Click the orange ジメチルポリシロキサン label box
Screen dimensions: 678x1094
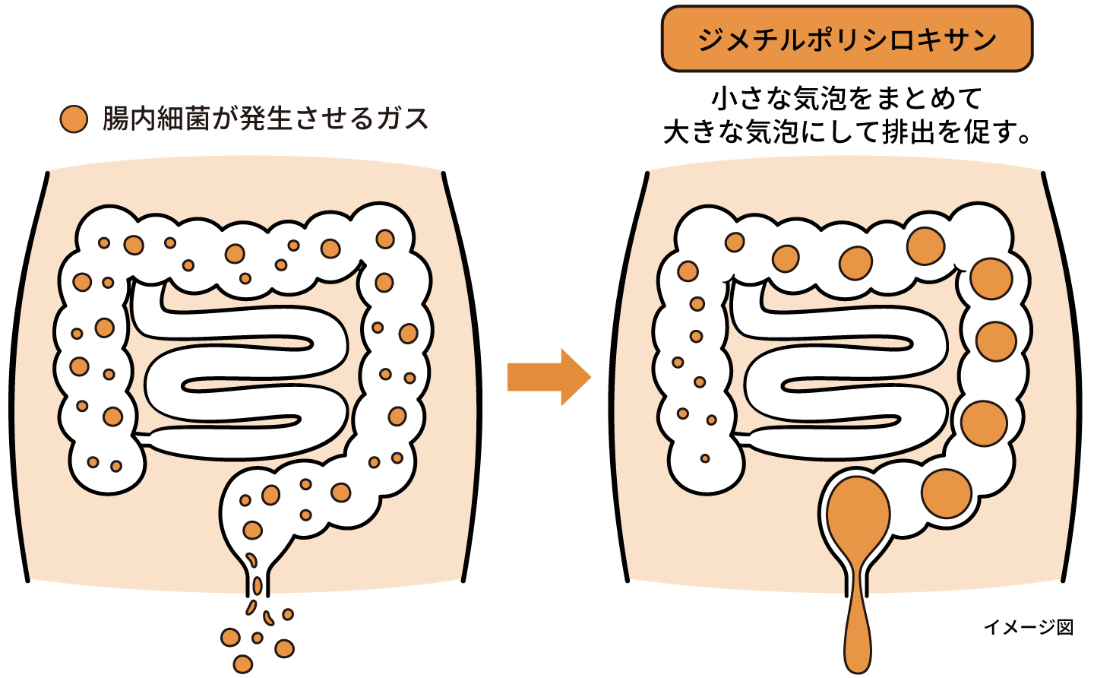point(846,39)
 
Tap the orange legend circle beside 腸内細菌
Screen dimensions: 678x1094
point(74,119)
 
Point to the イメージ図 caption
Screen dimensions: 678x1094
point(1028,627)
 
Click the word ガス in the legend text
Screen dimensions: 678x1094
point(403,119)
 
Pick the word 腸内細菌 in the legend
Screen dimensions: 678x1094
point(156,119)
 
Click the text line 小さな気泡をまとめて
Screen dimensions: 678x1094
point(846,98)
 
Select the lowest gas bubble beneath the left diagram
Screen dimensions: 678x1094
point(242,664)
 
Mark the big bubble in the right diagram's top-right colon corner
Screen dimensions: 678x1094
point(925,246)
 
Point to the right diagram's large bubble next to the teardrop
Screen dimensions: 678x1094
point(946,493)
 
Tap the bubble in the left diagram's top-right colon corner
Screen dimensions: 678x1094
point(385,239)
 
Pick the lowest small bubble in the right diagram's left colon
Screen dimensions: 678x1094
point(705,458)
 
